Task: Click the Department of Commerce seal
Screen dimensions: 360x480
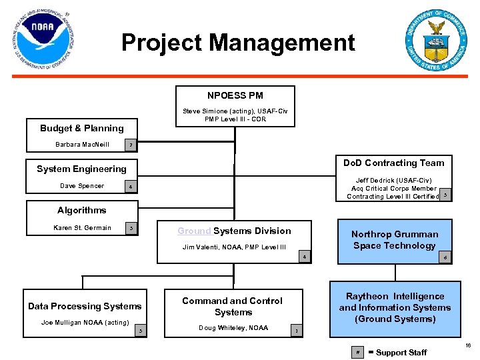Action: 437,41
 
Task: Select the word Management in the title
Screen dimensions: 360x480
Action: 283,43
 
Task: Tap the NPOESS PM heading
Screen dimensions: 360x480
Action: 235,95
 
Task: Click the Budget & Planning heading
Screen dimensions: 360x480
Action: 82,128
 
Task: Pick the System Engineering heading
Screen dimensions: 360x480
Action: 81,169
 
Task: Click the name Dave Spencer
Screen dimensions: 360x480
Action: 82,186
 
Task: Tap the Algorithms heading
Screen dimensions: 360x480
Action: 81,210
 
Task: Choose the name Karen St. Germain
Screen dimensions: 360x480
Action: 82,228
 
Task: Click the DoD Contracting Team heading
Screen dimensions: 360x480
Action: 393,163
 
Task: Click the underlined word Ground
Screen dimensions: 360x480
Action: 194,231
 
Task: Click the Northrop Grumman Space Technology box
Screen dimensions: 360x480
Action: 395,240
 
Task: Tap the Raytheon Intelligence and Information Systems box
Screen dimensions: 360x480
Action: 395,308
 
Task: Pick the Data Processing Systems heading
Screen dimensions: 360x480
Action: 85,306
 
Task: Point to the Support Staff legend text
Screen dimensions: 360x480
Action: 401,352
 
